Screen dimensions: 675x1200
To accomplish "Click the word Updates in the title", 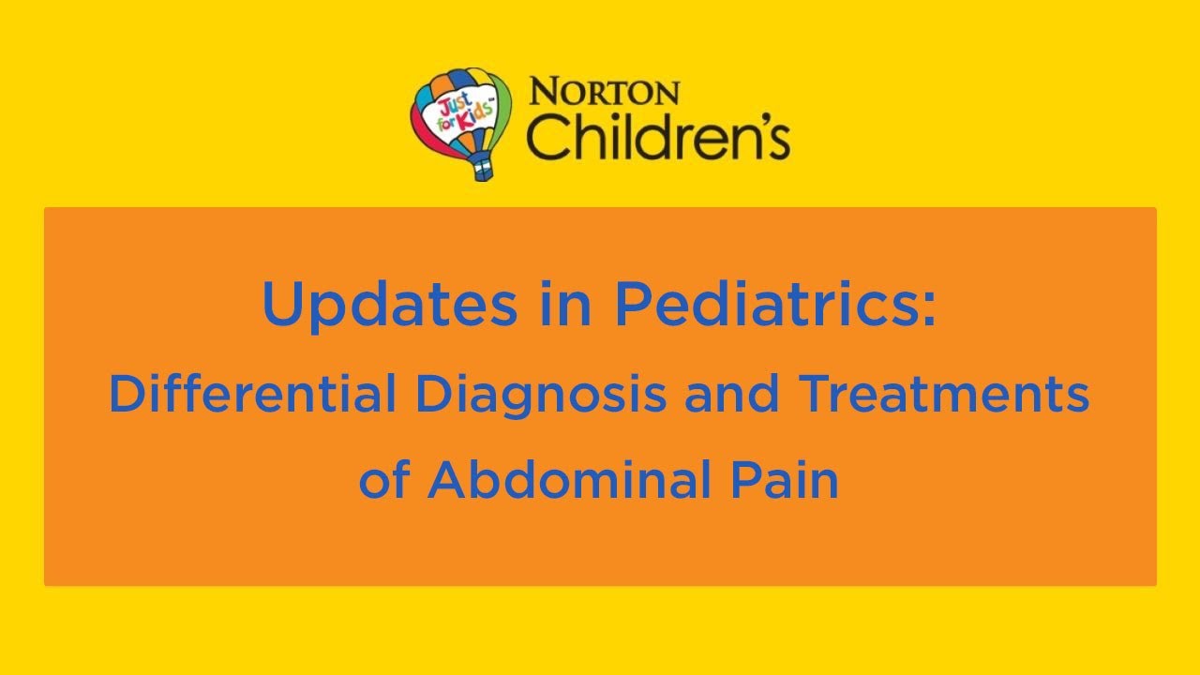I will (389, 306).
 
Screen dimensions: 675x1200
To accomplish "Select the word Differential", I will (251, 395).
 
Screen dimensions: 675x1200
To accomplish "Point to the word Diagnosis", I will (541, 395).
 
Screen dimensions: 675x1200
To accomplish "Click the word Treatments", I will (943, 395).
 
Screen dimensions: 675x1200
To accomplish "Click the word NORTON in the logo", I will (605, 92).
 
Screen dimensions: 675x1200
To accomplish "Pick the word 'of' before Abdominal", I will (384, 480).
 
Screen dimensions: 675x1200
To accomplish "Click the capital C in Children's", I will (547, 138).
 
